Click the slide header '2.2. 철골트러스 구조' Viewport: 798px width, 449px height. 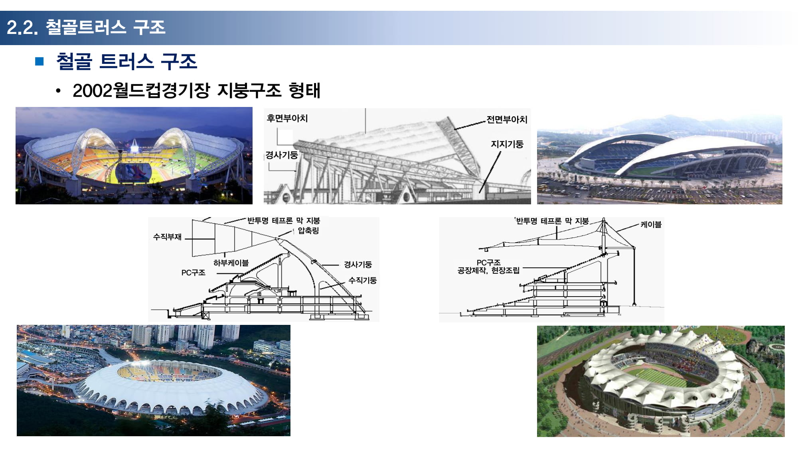click(x=86, y=27)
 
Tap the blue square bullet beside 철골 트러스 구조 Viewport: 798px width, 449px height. click(x=39, y=61)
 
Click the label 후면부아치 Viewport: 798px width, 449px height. click(x=287, y=118)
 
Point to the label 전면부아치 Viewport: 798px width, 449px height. click(x=507, y=119)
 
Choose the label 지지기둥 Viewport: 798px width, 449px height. click(x=507, y=144)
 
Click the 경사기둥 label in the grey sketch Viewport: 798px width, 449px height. click(x=282, y=155)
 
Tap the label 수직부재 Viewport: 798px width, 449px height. click(x=168, y=237)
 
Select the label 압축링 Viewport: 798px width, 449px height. click(x=308, y=230)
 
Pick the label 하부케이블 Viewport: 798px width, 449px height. click(x=231, y=263)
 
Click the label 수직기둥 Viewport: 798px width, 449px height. click(x=363, y=280)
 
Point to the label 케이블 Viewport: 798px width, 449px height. click(x=651, y=224)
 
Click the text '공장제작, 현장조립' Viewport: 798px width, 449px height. click(x=488, y=271)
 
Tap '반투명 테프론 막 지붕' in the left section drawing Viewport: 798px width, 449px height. click(x=284, y=220)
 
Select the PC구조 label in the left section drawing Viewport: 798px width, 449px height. click(x=194, y=273)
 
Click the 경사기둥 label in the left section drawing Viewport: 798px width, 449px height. click(x=358, y=264)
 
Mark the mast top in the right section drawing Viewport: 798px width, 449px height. click(x=604, y=218)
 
